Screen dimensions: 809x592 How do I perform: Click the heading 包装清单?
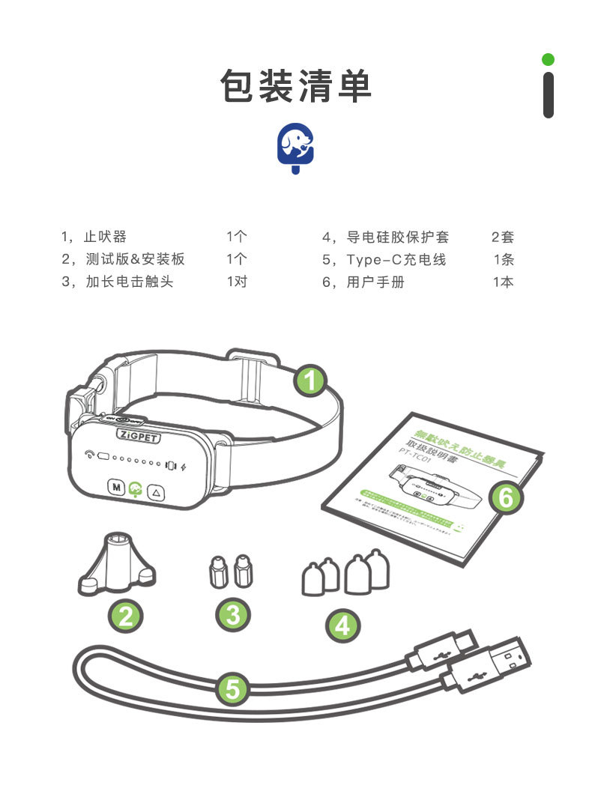click(x=296, y=86)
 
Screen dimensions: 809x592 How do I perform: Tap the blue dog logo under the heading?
click(x=296, y=145)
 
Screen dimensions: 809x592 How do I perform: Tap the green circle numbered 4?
click(x=342, y=625)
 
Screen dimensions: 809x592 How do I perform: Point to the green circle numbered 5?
click(x=233, y=688)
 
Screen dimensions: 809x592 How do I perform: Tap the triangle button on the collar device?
click(x=157, y=492)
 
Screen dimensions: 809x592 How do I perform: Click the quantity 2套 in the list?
click(x=503, y=237)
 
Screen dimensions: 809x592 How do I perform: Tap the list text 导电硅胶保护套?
click(x=397, y=237)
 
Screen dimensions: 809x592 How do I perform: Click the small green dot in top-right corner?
click(x=549, y=59)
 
